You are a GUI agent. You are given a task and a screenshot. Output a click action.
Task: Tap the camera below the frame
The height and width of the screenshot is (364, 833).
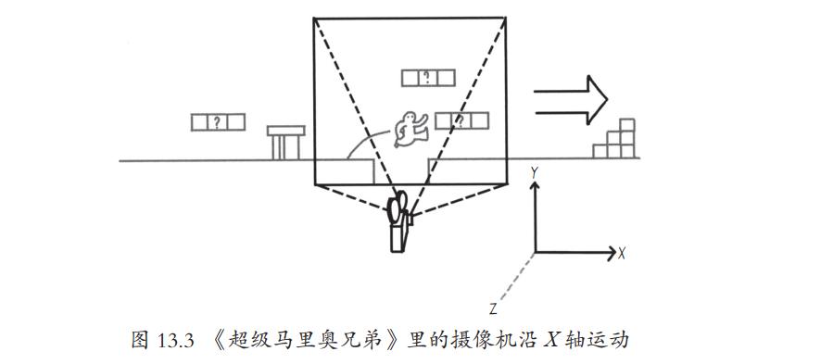click(399, 221)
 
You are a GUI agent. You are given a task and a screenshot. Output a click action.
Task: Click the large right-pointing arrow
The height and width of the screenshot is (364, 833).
click(571, 100)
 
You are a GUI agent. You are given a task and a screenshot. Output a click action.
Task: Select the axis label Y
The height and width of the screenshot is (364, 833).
click(535, 172)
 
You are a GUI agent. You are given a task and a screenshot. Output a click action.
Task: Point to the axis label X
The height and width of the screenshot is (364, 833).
click(622, 254)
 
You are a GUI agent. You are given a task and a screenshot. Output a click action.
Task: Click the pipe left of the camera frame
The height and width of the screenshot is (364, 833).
click(285, 143)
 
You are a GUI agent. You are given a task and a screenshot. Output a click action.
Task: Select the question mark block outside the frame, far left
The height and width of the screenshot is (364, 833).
click(218, 122)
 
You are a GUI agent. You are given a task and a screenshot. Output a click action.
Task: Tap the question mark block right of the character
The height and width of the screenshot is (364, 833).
click(461, 121)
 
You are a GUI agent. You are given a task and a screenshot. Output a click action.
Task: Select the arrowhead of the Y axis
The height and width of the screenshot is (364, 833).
click(535, 186)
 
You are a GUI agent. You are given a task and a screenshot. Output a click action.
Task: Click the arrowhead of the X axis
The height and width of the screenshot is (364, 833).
click(610, 254)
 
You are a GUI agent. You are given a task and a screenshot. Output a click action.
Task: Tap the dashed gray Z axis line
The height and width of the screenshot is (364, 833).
click(516, 278)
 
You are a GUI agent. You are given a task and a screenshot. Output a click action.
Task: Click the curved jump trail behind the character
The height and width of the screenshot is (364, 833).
click(367, 142)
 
